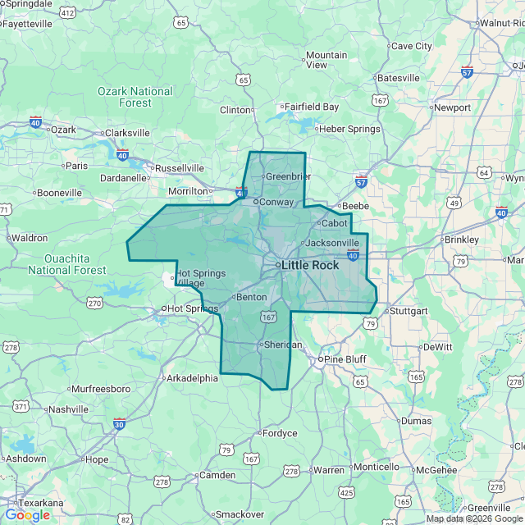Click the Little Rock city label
(x=309, y=265)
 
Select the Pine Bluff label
(x=345, y=359)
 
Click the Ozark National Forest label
(x=135, y=97)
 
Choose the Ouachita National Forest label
(x=66, y=263)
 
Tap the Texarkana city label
(x=34, y=503)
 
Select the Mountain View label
(x=326, y=60)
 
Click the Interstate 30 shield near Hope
(x=120, y=424)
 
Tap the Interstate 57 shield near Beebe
(x=362, y=180)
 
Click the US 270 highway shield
(x=94, y=303)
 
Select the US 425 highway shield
(x=346, y=492)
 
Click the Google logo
(x=27, y=515)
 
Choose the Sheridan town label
(x=283, y=345)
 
